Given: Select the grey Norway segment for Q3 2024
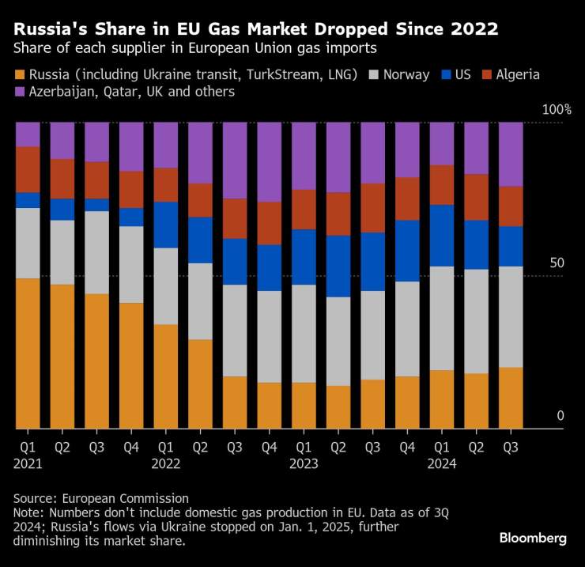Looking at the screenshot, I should (x=511, y=316).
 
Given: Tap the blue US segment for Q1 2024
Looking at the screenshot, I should (x=442, y=236).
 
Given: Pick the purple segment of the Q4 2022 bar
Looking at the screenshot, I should (x=270, y=162).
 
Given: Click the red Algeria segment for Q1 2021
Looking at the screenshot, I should (x=28, y=169).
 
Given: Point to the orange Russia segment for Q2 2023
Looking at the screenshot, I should (x=338, y=407).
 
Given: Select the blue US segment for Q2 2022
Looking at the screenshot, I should (x=201, y=240).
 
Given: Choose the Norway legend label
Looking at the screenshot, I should (x=406, y=75).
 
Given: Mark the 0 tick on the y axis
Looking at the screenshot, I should (x=560, y=416).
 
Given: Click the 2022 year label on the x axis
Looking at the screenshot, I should (x=165, y=464).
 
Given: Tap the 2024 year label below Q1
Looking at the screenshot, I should (x=442, y=464).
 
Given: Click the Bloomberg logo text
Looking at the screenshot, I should (x=532, y=538).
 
